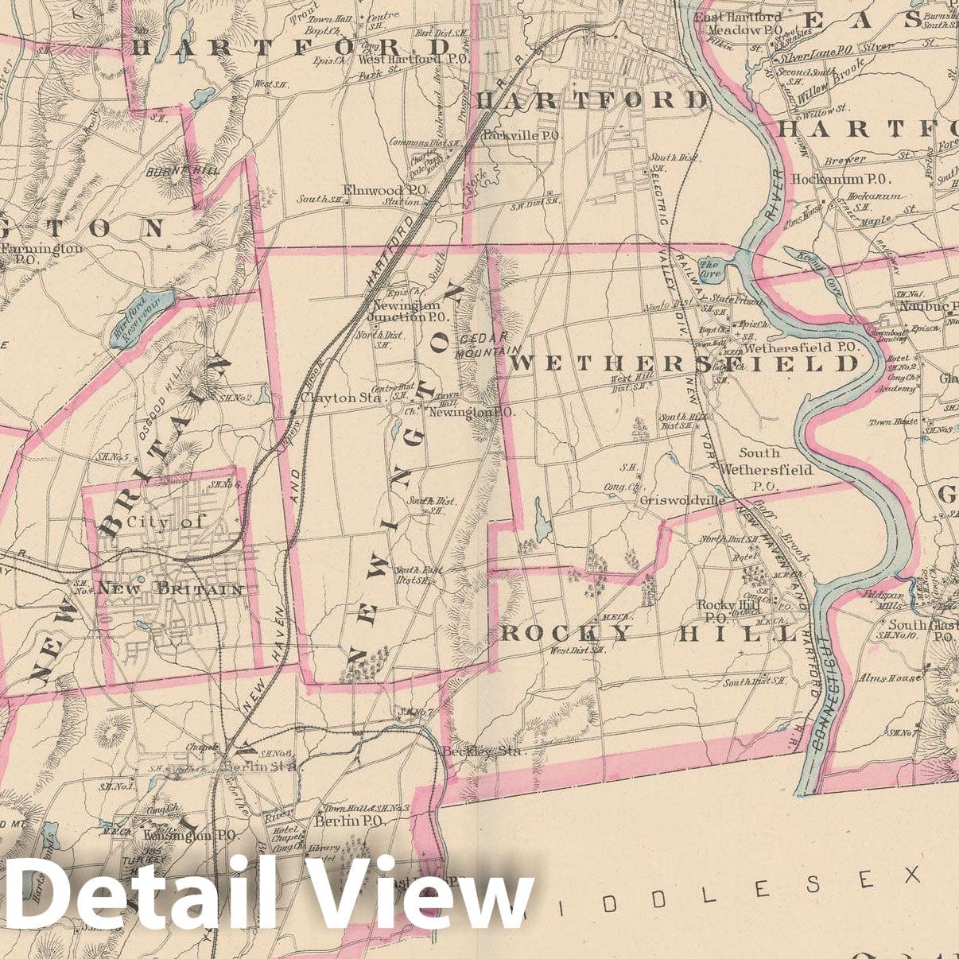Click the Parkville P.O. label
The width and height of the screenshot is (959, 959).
tap(522, 136)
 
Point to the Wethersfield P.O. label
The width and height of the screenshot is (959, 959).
tap(799, 347)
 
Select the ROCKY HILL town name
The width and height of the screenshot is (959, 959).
tap(648, 634)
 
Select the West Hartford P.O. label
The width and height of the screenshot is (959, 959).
tap(405, 59)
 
